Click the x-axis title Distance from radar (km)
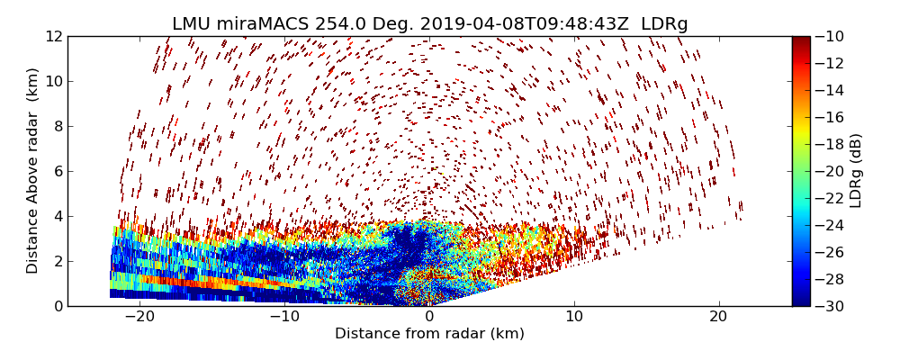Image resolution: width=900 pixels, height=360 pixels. click(429, 334)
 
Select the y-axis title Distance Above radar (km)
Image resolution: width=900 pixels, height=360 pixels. click(33, 170)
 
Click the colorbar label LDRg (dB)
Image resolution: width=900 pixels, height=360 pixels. click(856, 170)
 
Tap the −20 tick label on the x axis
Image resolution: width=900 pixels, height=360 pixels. click(139, 317)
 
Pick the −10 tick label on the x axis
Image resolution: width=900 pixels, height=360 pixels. click(284, 317)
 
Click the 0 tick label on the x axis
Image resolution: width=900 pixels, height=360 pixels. click(429, 317)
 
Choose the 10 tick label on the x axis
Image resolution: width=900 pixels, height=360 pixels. click(574, 317)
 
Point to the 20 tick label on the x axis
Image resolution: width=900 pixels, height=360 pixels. click(718, 317)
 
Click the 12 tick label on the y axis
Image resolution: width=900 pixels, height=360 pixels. click(54, 36)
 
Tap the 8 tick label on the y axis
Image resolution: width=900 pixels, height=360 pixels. click(58, 126)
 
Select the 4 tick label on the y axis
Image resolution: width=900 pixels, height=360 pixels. click(58, 216)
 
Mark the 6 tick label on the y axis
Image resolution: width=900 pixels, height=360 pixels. click(58, 171)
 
